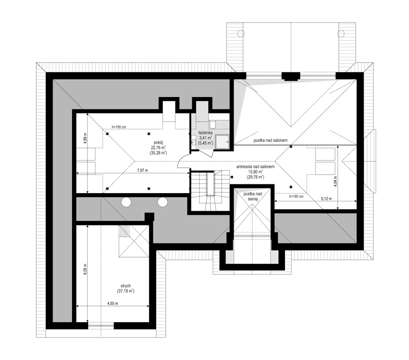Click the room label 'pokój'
pyautogui.click(x=158, y=142)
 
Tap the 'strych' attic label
pyautogui.click(x=126, y=286)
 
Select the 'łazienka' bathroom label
pyautogui.click(x=205, y=132)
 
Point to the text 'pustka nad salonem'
pyautogui.click(x=270, y=140)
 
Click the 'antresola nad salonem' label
pyautogui.click(x=255, y=166)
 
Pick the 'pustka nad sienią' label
pyautogui.click(x=253, y=196)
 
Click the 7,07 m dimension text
pyautogui.click(x=142, y=170)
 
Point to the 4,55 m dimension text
pyautogui.click(x=113, y=303)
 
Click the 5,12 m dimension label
pyautogui.click(x=326, y=198)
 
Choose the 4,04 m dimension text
pyautogui.click(x=335, y=180)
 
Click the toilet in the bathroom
pyautogui.click(x=212, y=125)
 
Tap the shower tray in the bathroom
pyautogui.click(x=223, y=142)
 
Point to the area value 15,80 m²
pyautogui.click(x=255, y=172)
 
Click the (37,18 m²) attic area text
pyautogui.click(x=126, y=291)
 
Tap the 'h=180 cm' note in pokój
pyautogui.click(x=119, y=127)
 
